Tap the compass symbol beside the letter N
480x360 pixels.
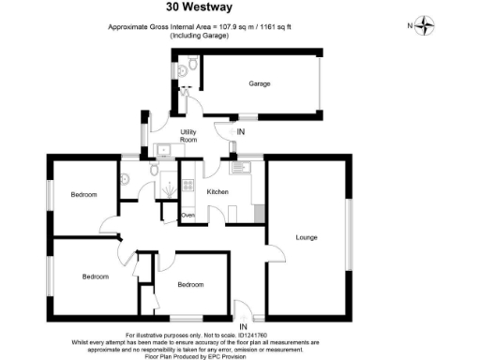427,26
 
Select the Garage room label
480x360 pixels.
260,84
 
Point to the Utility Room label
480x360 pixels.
188,135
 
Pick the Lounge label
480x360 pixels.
307,237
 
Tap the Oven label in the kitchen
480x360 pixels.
187,216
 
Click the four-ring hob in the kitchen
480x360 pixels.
187,186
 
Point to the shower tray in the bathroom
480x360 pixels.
167,185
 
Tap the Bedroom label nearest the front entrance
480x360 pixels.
190,284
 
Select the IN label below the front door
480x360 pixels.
242,325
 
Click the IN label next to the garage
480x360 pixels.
241,131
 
